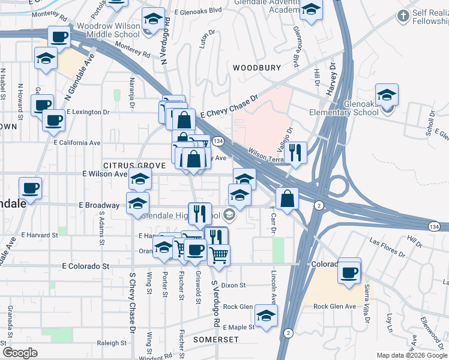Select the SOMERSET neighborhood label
[x=215, y=339]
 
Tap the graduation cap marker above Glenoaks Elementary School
[x=387, y=95]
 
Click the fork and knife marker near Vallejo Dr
[x=296, y=152]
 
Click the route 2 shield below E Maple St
[x=289, y=332]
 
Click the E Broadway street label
[x=99, y=205]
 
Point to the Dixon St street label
[x=234, y=286]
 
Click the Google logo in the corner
[x=20, y=353]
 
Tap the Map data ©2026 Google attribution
[x=411, y=355]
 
